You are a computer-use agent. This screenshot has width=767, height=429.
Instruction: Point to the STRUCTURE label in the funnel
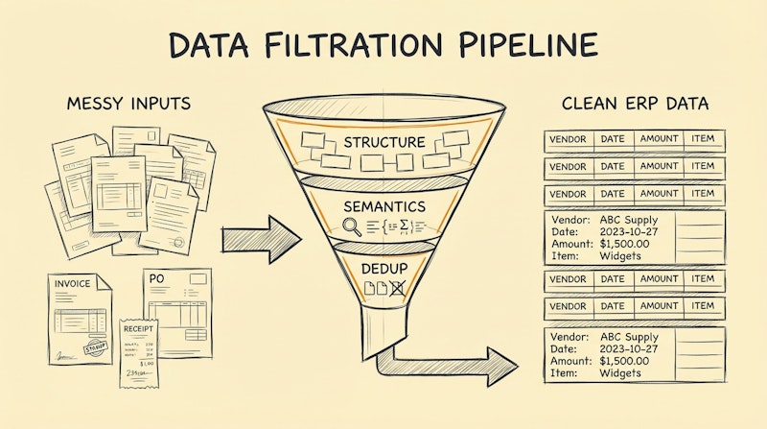coord(383,142)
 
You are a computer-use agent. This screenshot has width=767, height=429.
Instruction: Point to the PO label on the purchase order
coord(155,278)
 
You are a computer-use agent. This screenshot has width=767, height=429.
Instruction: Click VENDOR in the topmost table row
coord(569,140)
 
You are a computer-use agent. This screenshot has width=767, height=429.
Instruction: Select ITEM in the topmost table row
coord(703,140)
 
